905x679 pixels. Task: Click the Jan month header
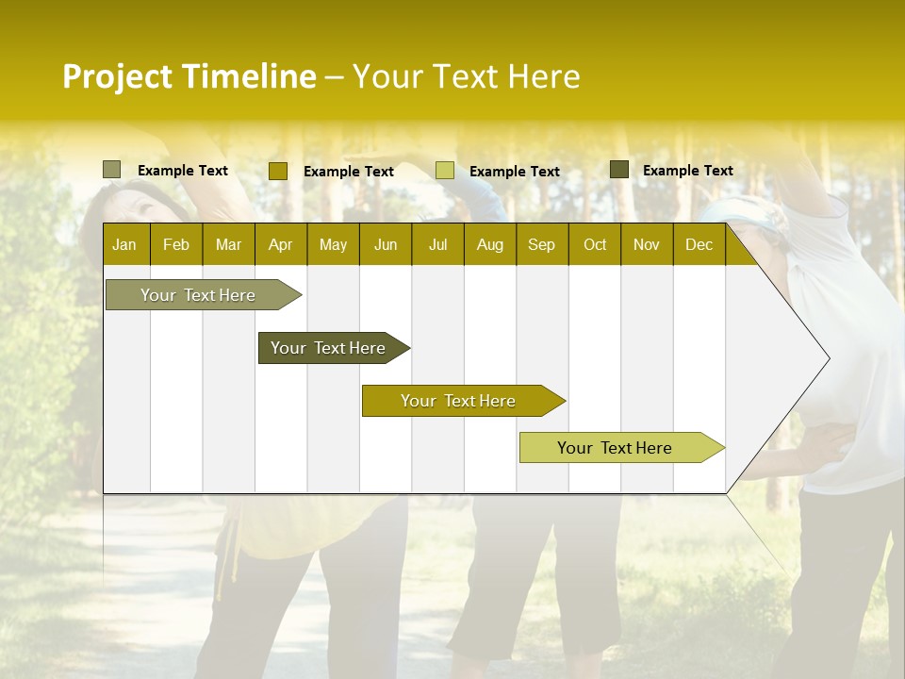point(124,244)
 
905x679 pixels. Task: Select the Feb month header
point(176,244)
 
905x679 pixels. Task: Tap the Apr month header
point(280,244)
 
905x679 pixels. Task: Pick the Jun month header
point(386,244)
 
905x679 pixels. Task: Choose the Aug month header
point(489,244)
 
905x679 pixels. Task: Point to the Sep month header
point(541,244)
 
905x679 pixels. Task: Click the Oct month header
point(595,244)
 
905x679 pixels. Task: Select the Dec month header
point(699,244)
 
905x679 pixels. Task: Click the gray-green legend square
point(111,170)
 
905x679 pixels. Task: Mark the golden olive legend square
point(277,171)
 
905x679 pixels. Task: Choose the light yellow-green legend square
point(444,171)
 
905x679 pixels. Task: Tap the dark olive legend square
point(618,170)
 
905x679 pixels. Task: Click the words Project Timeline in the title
point(189,76)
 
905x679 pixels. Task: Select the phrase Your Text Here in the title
point(466,76)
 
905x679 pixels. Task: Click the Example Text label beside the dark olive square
point(687,171)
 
